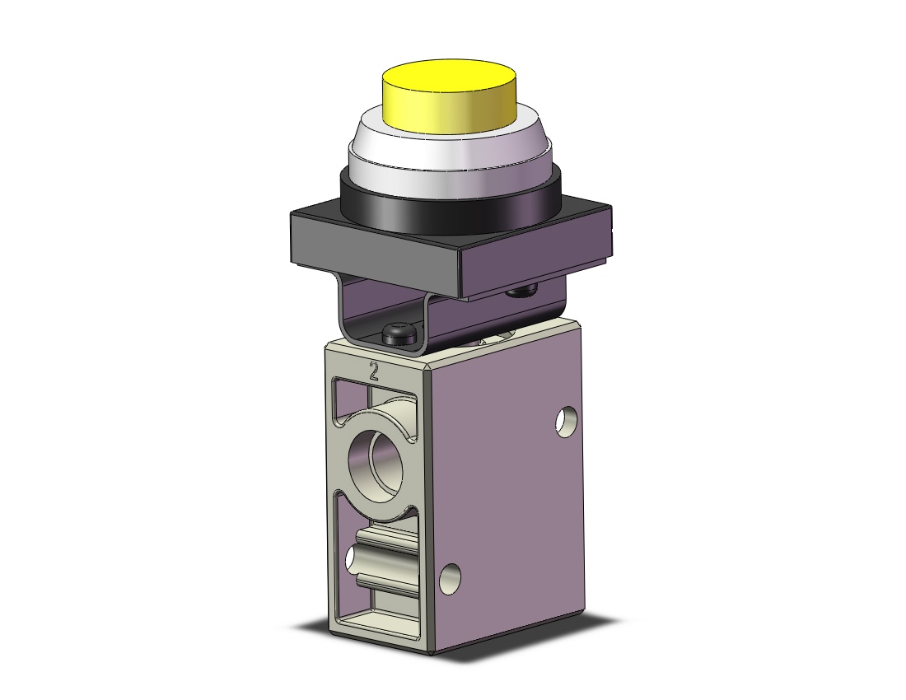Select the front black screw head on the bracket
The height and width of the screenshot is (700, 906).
tap(399, 334)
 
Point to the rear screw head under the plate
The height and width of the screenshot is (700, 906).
tap(522, 291)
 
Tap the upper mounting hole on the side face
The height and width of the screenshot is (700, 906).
tap(566, 422)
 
